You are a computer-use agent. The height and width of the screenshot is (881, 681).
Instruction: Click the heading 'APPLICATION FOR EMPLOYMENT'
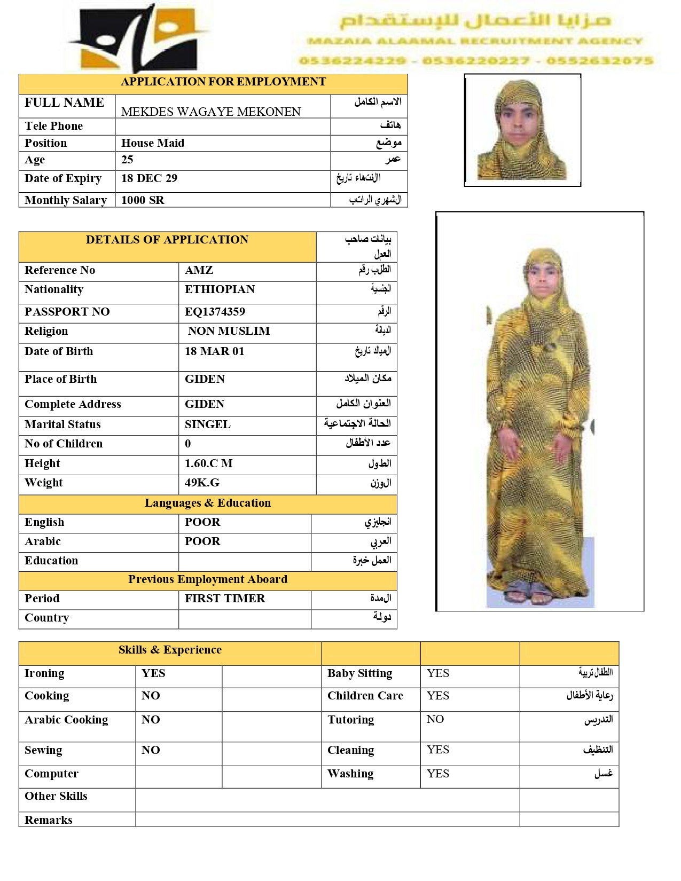pos(223,82)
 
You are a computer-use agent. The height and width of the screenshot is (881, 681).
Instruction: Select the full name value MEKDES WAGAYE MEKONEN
pos(211,112)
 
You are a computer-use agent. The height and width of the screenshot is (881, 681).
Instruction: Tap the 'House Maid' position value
pos(153,143)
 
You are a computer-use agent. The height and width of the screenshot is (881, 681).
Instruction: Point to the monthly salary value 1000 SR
pos(143,200)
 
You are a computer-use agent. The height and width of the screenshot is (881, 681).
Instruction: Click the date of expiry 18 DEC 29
pos(149,178)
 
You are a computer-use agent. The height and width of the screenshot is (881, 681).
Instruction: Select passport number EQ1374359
pos(215,312)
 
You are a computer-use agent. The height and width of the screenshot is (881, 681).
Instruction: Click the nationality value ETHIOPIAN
pos(220,289)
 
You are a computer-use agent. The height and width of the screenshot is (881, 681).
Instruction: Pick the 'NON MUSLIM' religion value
pos(229,331)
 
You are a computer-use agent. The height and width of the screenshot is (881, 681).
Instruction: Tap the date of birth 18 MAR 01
pos(214,351)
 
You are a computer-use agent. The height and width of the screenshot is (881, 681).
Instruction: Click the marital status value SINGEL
pos(207,424)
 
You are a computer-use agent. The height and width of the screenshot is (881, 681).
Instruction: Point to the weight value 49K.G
pos(202,483)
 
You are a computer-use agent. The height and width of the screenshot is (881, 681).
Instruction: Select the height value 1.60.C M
pos(208,463)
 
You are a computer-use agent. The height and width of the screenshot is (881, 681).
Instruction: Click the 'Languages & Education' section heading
pos(207,503)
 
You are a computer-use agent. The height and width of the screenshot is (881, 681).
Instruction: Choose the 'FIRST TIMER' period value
pos(225,599)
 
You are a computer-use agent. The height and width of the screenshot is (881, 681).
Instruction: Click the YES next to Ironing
pos(153,673)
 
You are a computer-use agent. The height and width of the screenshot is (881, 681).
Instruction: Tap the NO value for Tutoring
pos(435,719)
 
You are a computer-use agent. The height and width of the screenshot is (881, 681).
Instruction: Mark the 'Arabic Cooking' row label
pos(66,720)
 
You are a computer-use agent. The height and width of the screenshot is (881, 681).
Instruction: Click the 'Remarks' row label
pos(49,820)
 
